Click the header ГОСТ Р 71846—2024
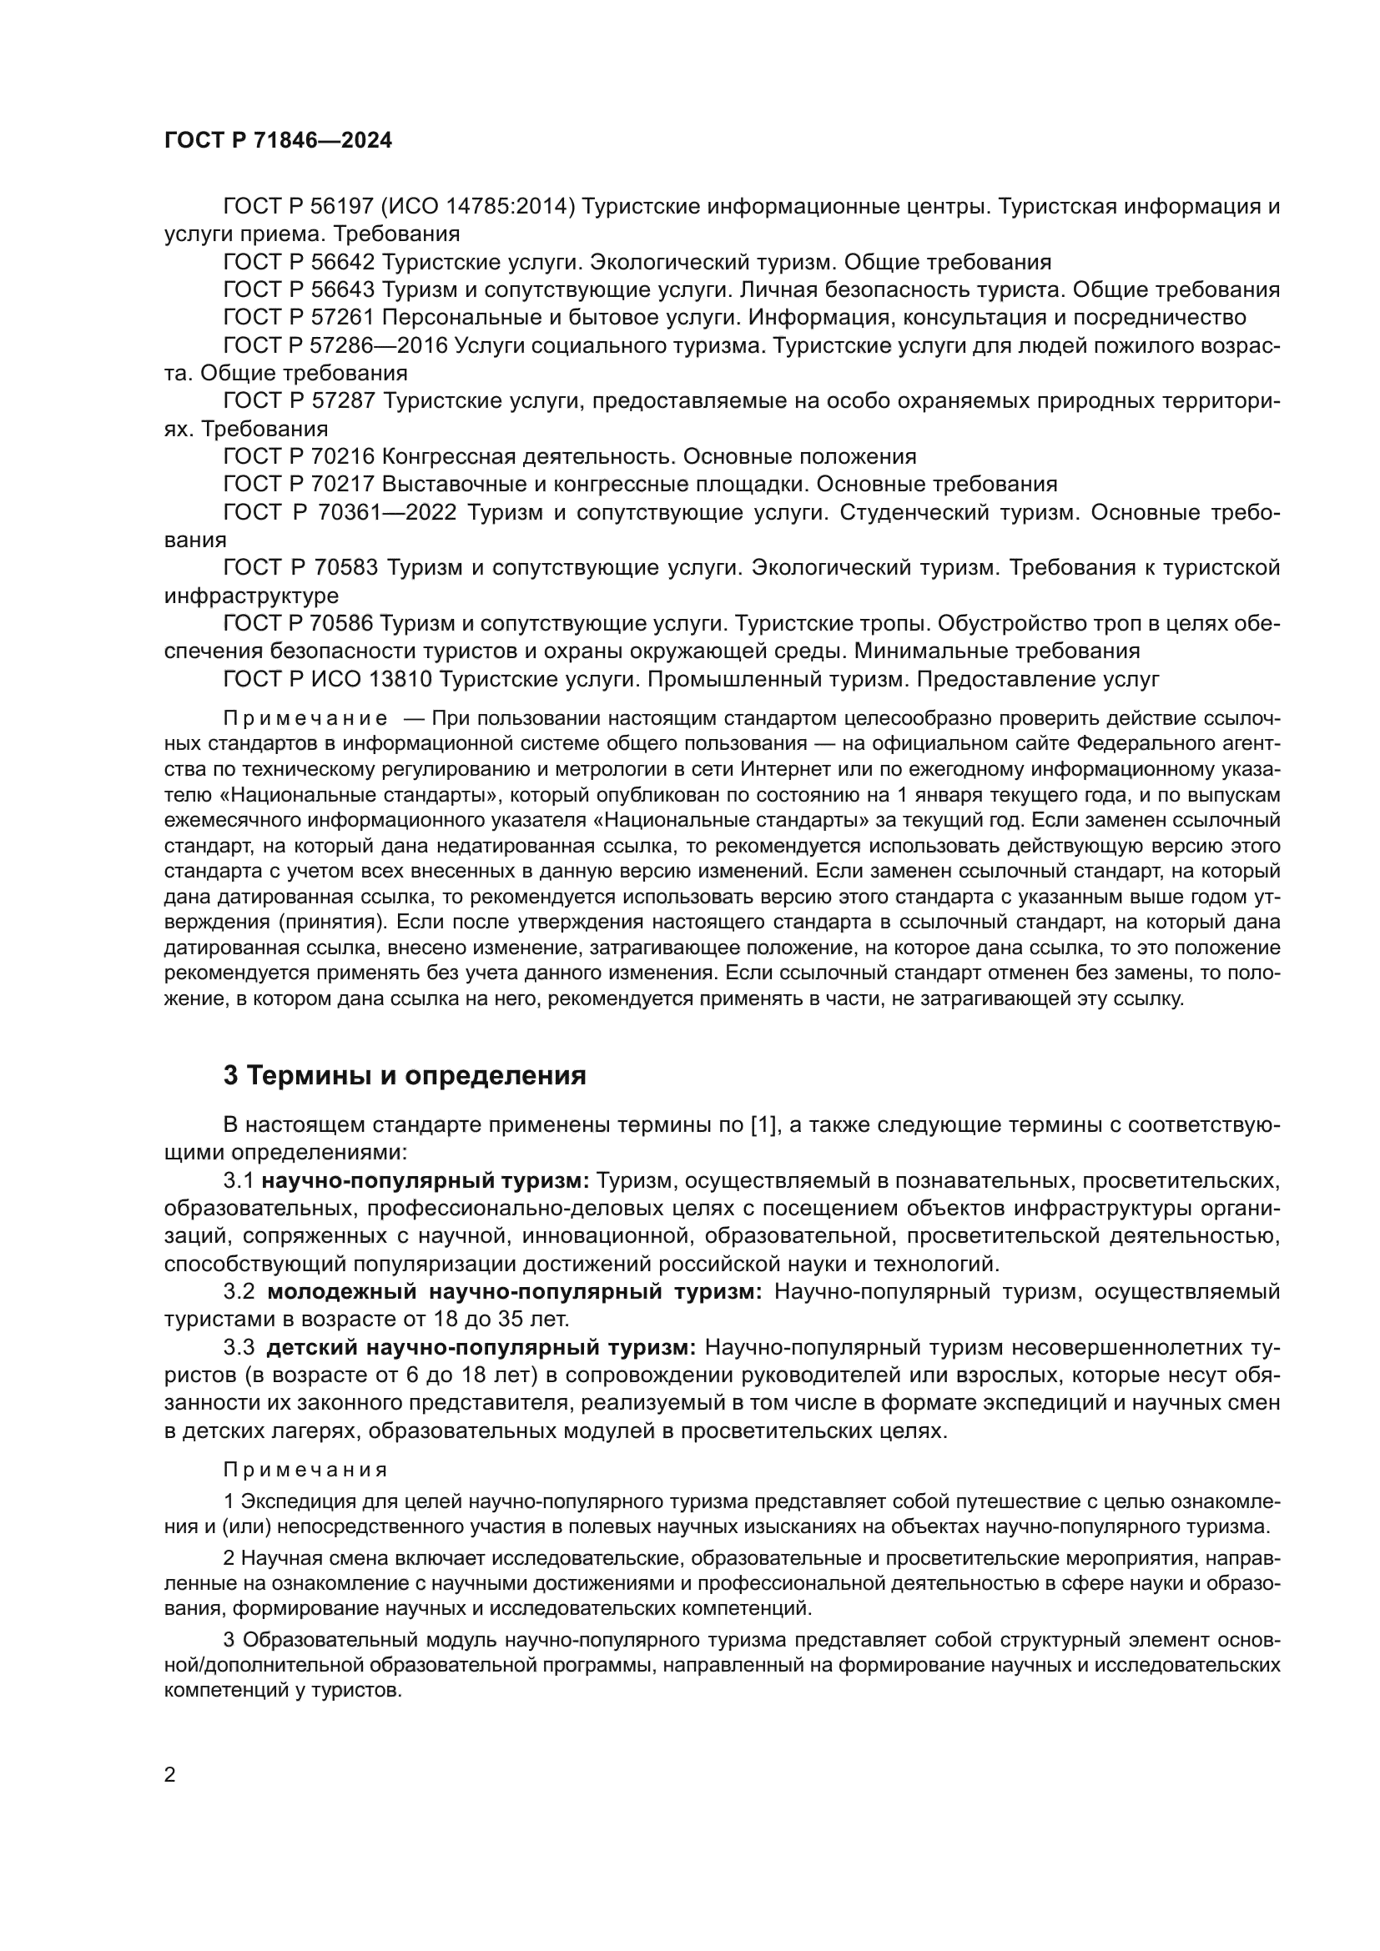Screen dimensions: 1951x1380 [278, 141]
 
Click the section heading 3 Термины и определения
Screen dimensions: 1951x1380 [405, 1076]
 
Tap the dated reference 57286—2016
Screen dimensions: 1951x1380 [373, 346]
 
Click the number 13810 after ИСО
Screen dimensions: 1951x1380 [401, 679]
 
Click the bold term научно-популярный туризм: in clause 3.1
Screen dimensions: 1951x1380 [425, 1181]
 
